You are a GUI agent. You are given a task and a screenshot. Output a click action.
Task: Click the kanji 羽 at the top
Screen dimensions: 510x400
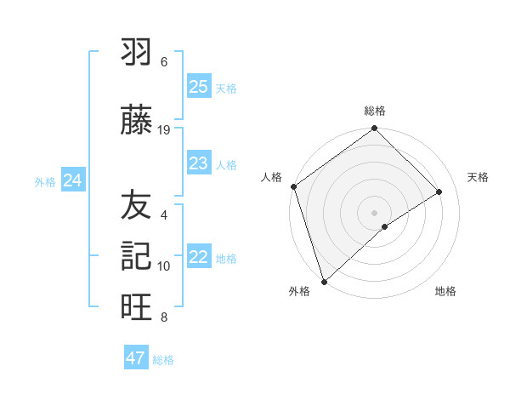click(x=136, y=54)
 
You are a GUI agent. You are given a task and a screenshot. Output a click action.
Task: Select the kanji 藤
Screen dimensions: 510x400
click(x=136, y=121)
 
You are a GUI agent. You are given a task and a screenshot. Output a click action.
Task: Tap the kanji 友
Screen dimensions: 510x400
click(x=136, y=205)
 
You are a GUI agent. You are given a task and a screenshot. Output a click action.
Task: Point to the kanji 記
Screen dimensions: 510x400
click(x=136, y=256)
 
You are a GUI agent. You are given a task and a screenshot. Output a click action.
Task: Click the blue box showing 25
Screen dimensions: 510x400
click(x=199, y=87)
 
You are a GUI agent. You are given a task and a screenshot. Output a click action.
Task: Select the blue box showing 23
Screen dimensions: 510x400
click(x=199, y=163)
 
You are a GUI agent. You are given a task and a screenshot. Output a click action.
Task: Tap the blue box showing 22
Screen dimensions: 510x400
click(x=199, y=257)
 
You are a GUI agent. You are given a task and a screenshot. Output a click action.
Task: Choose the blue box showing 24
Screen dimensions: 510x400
click(x=73, y=180)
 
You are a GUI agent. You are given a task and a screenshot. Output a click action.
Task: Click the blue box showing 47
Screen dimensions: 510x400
click(x=136, y=358)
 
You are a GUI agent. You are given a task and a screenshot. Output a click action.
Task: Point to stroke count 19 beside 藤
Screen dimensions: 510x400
click(x=165, y=130)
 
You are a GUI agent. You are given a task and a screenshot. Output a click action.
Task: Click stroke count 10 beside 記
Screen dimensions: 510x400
click(x=165, y=266)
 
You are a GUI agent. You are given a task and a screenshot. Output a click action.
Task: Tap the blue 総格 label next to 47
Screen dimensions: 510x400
click(x=163, y=360)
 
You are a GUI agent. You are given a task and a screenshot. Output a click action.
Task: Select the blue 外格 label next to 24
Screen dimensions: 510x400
click(x=45, y=181)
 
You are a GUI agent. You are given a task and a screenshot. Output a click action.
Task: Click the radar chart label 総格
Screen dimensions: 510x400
click(x=375, y=111)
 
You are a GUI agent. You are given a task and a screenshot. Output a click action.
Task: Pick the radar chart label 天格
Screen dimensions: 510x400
click(x=478, y=177)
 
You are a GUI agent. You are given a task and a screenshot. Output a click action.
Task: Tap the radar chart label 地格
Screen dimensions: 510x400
click(x=445, y=291)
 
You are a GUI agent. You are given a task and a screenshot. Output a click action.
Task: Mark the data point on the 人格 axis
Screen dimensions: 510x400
click(x=293, y=186)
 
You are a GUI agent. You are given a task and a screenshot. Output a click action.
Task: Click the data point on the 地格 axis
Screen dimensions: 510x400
click(x=385, y=226)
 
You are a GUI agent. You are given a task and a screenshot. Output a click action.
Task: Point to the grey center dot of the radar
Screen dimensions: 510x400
click(x=374, y=212)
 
